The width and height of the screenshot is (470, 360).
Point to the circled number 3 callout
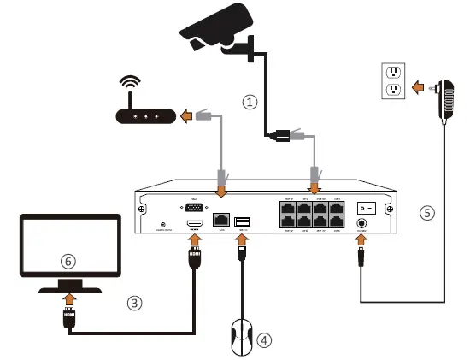[x=134, y=301]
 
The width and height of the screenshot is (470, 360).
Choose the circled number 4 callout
[x=266, y=339]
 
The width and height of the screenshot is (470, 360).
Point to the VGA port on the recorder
[x=193, y=207]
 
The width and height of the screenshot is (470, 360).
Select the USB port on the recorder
[x=243, y=221]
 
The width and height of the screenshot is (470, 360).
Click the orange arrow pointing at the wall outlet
[x=418, y=86]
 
